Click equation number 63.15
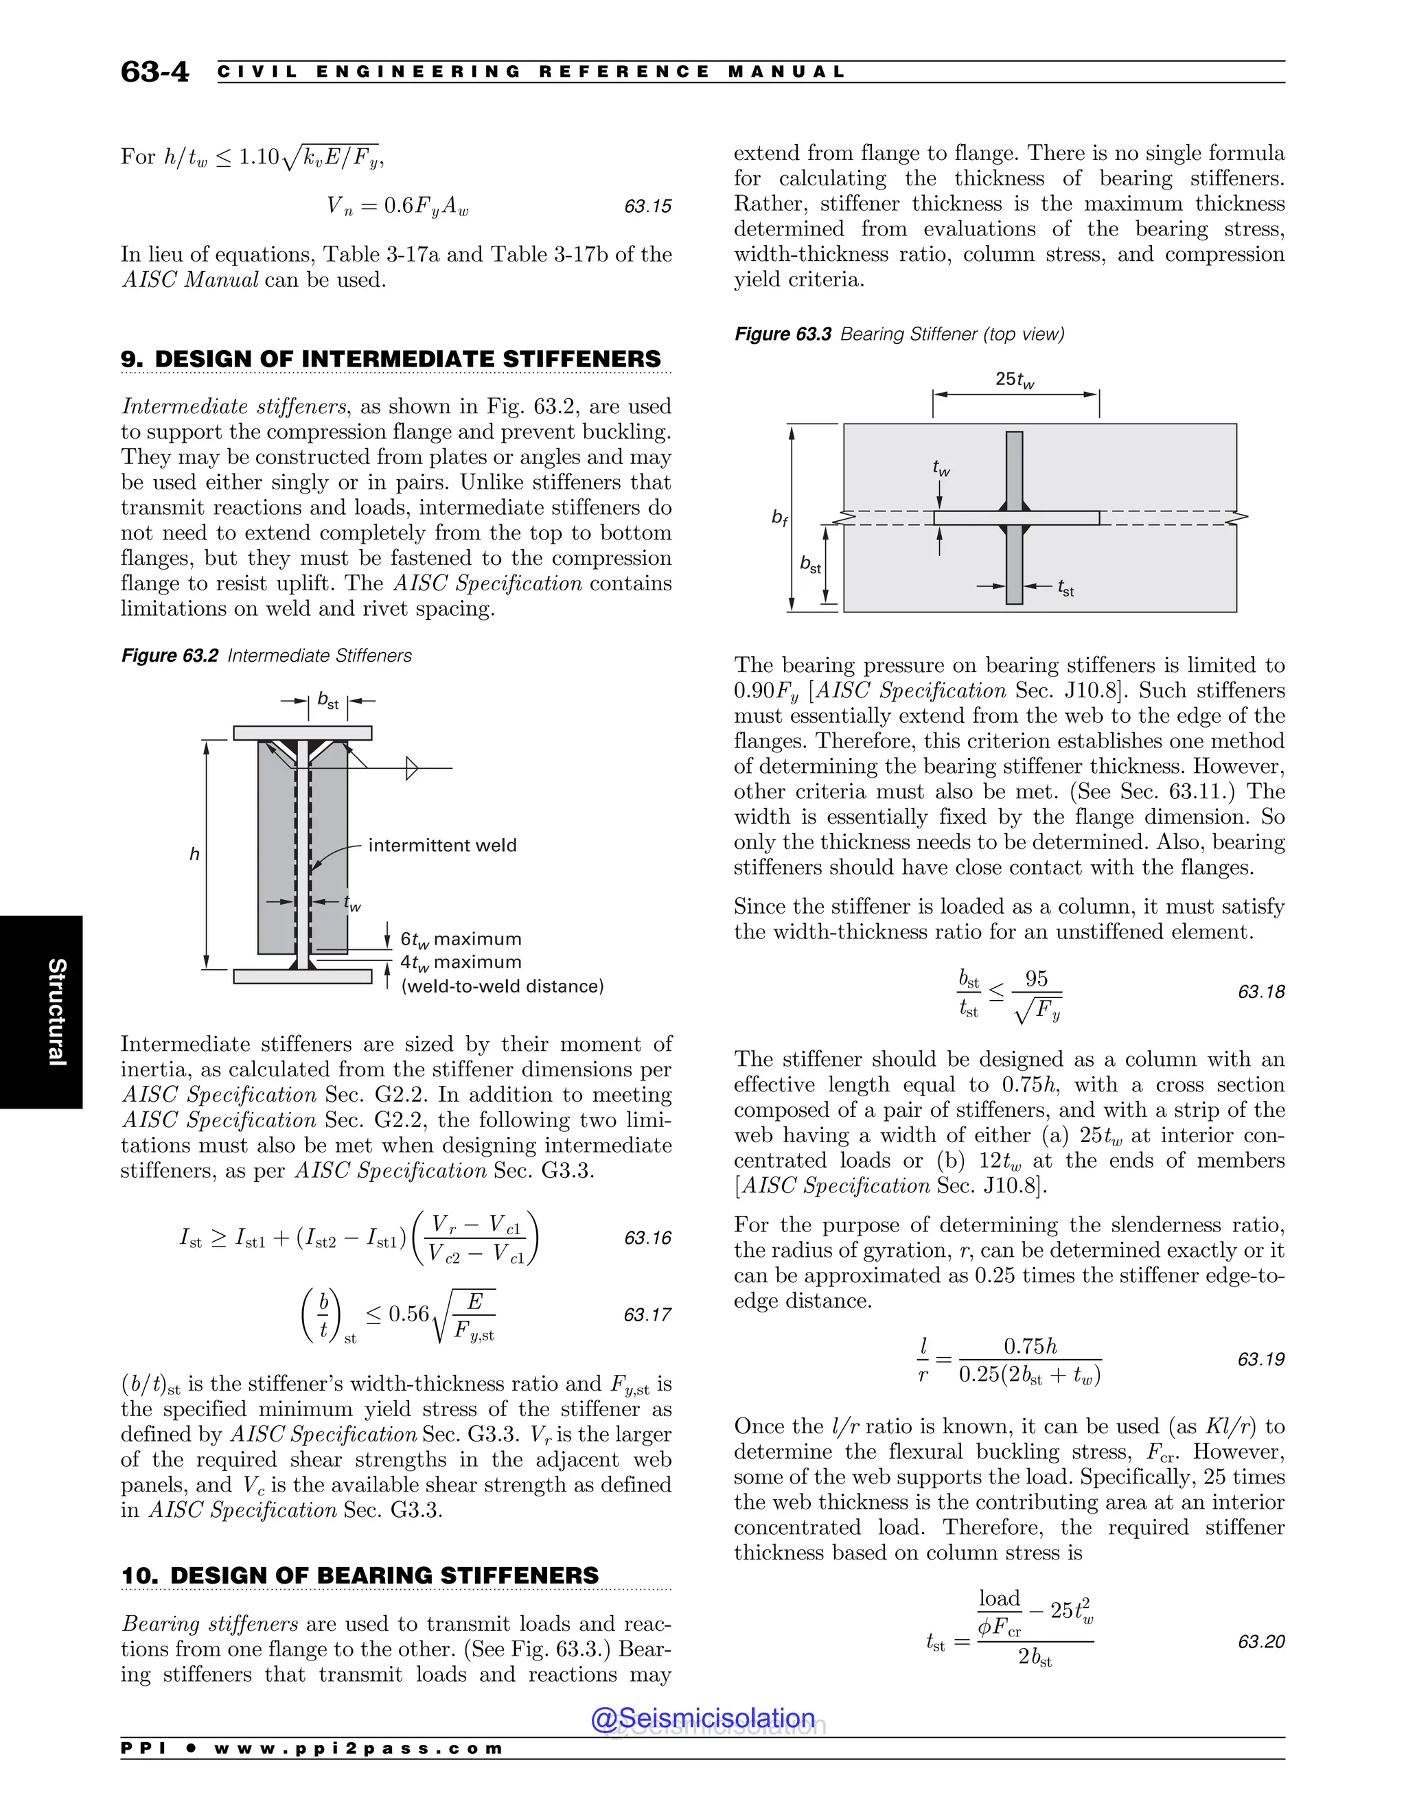point(647,207)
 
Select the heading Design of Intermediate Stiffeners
point(391,359)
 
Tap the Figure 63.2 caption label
point(169,656)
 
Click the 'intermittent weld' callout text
point(442,846)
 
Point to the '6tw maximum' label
point(461,940)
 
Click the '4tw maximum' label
point(461,963)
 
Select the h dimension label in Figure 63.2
point(194,854)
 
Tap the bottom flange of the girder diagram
point(302,976)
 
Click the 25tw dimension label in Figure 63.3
point(1015,380)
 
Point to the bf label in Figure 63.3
point(779,518)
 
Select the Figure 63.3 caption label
point(782,334)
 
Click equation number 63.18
point(1260,992)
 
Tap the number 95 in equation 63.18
point(1036,979)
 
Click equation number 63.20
point(1260,1642)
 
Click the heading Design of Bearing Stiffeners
point(360,1576)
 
